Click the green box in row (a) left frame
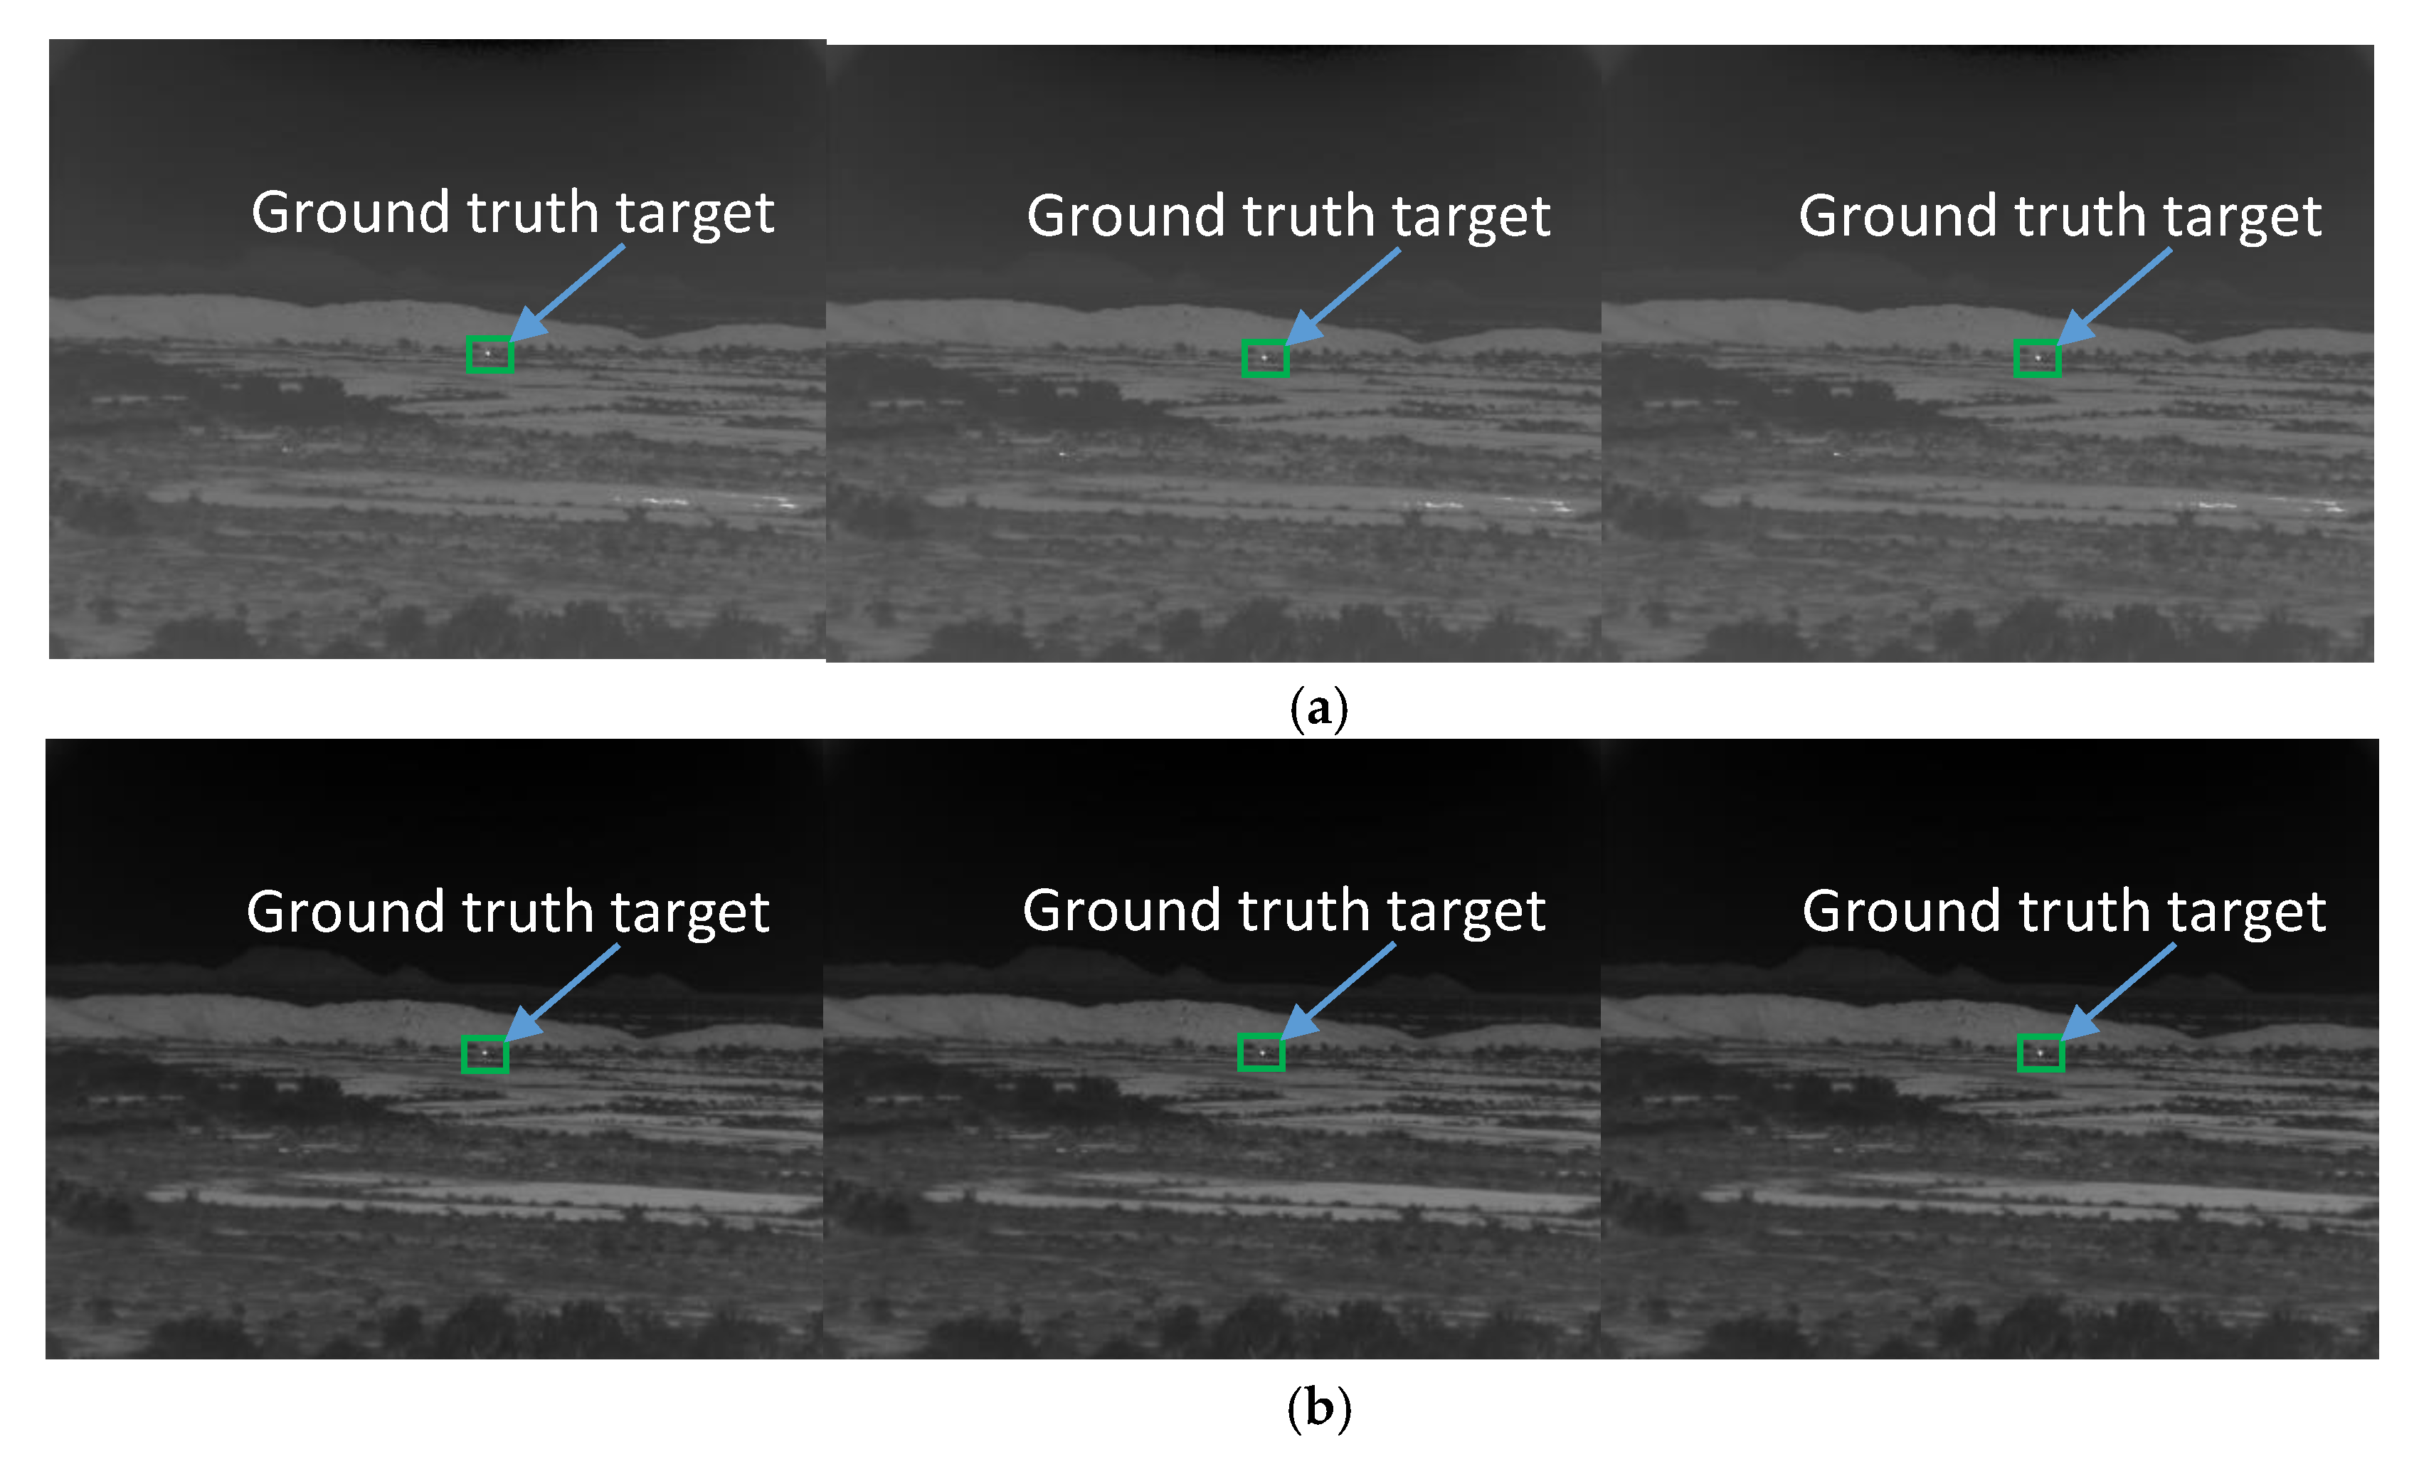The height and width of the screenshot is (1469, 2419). coord(489,354)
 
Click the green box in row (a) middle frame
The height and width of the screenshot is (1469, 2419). coord(1264,359)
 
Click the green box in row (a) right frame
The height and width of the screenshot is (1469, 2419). coord(2037,359)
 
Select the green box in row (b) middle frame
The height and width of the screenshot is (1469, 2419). coord(1261,1053)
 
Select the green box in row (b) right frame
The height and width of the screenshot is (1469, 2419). coord(2040,1053)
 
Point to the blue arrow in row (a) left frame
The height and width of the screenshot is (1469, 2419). coord(568,292)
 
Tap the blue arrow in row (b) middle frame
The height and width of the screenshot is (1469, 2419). coord(1339,990)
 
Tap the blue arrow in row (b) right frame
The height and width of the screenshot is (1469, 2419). coord(2119,991)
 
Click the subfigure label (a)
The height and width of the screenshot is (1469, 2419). coord(1318,708)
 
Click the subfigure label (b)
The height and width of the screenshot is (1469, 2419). coord(1318,1408)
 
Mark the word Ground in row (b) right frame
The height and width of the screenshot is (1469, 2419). coord(1902,911)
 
